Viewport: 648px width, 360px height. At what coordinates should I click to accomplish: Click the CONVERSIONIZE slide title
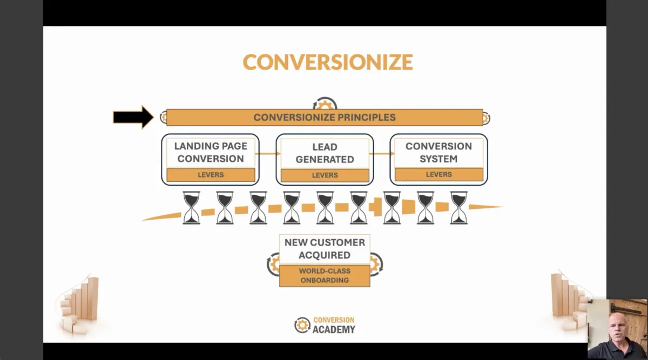pyautogui.click(x=327, y=62)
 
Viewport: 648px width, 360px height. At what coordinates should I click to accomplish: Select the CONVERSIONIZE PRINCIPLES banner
pyautogui.click(x=324, y=117)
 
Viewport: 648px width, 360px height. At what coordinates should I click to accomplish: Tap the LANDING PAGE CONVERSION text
pyautogui.click(x=210, y=152)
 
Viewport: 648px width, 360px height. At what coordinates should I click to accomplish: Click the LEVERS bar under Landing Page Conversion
pyautogui.click(x=211, y=175)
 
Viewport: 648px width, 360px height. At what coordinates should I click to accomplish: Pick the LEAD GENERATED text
pyautogui.click(x=325, y=153)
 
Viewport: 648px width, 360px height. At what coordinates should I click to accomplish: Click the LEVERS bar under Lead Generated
pyautogui.click(x=325, y=175)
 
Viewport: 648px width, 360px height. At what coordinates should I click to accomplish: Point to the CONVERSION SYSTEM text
pyautogui.click(x=438, y=152)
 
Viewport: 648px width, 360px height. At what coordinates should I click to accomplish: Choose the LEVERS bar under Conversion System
pyautogui.click(x=438, y=174)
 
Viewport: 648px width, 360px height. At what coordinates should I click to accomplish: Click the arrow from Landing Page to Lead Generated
pyautogui.click(x=267, y=154)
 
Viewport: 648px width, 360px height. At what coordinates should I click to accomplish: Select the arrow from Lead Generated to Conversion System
pyautogui.click(x=382, y=154)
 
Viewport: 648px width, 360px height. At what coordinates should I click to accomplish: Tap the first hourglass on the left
pyautogui.click(x=191, y=208)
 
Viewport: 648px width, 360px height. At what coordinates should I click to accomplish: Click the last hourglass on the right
pyautogui.click(x=458, y=208)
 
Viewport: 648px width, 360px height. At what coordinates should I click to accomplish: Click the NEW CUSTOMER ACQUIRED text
pyautogui.click(x=325, y=248)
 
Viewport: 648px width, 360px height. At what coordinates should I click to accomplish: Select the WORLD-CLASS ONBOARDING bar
pyautogui.click(x=325, y=276)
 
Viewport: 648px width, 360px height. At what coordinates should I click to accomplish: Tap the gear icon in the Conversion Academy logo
pyautogui.click(x=302, y=325)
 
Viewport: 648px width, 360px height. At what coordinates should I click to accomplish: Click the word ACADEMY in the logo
pyautogui.click(x=334, y=329)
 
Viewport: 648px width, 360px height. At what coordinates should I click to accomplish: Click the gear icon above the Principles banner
pyautogui.click(x=325, y=104)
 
